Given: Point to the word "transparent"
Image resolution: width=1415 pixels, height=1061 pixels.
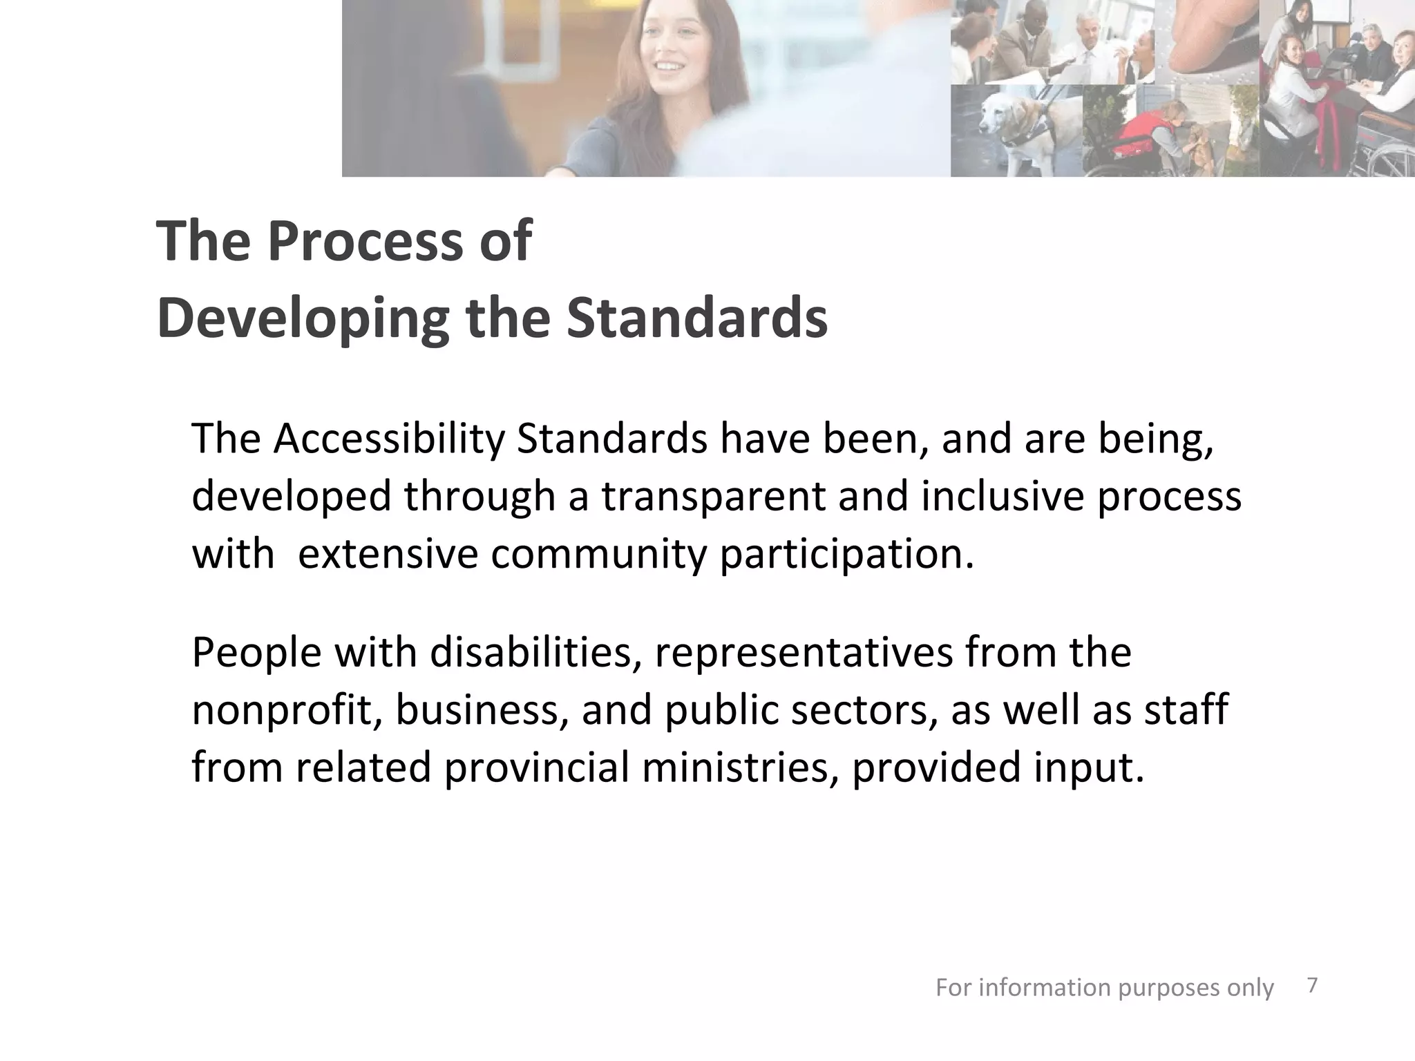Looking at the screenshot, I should pyautogui.click(x=713, y=496).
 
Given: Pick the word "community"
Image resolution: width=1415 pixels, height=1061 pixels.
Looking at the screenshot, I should pyautogui.click(x=598, y=554).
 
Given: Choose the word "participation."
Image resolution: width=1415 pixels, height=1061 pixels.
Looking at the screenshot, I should pyautogui.click(x=846, y=555).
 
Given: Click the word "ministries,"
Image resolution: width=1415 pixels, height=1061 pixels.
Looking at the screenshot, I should pyautogui.click(x=741, y=768).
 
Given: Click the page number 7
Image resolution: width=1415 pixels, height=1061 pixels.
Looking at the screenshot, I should pyautogui.click(x=1313, y=986).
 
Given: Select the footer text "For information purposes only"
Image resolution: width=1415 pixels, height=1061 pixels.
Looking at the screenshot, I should pyautogui.click(x=1104, y=988).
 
